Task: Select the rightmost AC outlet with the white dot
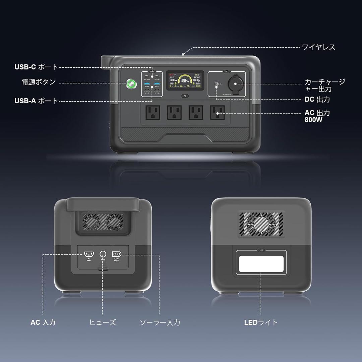tap(217, 113)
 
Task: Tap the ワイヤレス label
tap(318, 47)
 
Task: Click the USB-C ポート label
tap(36, 67)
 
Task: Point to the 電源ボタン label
tap(39, 82)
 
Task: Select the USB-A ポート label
tap(36, 101)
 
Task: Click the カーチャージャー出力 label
tap(324, 85)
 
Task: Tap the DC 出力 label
tap(317, 100)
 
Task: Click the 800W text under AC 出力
tap(313, 120)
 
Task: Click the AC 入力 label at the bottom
tap(43, 322)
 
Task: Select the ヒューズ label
tap(103, 322)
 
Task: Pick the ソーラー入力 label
tap(160, 322)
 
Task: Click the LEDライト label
tap(261, 322)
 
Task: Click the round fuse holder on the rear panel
tap(103, 254)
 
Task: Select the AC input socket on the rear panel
tap(89, 254)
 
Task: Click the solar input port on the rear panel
tap(116, 254)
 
